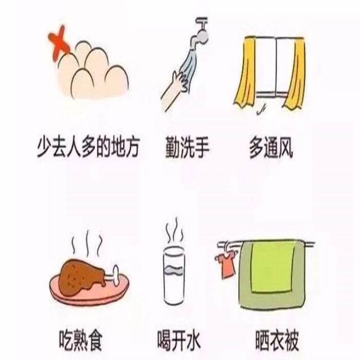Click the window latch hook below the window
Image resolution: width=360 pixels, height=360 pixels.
tap(261, 109)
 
